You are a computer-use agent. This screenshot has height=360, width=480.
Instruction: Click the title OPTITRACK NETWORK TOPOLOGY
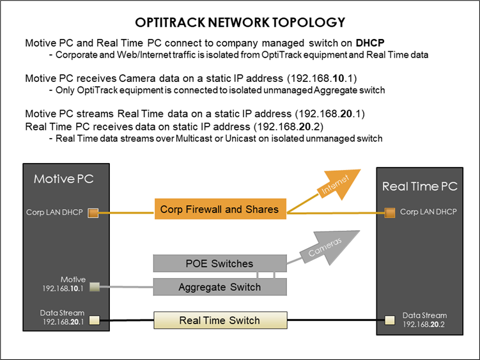(240, 22)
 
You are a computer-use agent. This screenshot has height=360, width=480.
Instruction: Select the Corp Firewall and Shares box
(219, 209)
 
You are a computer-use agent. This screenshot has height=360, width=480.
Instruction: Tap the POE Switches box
(219, 263)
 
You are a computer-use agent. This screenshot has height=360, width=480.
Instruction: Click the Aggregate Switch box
(219, 287)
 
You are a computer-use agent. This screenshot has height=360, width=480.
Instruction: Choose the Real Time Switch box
(219, 320)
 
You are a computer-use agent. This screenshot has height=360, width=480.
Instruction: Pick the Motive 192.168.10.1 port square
(93, 286)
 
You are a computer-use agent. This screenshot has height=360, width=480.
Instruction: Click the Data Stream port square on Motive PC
(93, 319)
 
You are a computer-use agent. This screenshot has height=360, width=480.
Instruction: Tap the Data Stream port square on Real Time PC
(387, 319)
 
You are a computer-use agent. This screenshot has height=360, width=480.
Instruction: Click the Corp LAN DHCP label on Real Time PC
(428, 211)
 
